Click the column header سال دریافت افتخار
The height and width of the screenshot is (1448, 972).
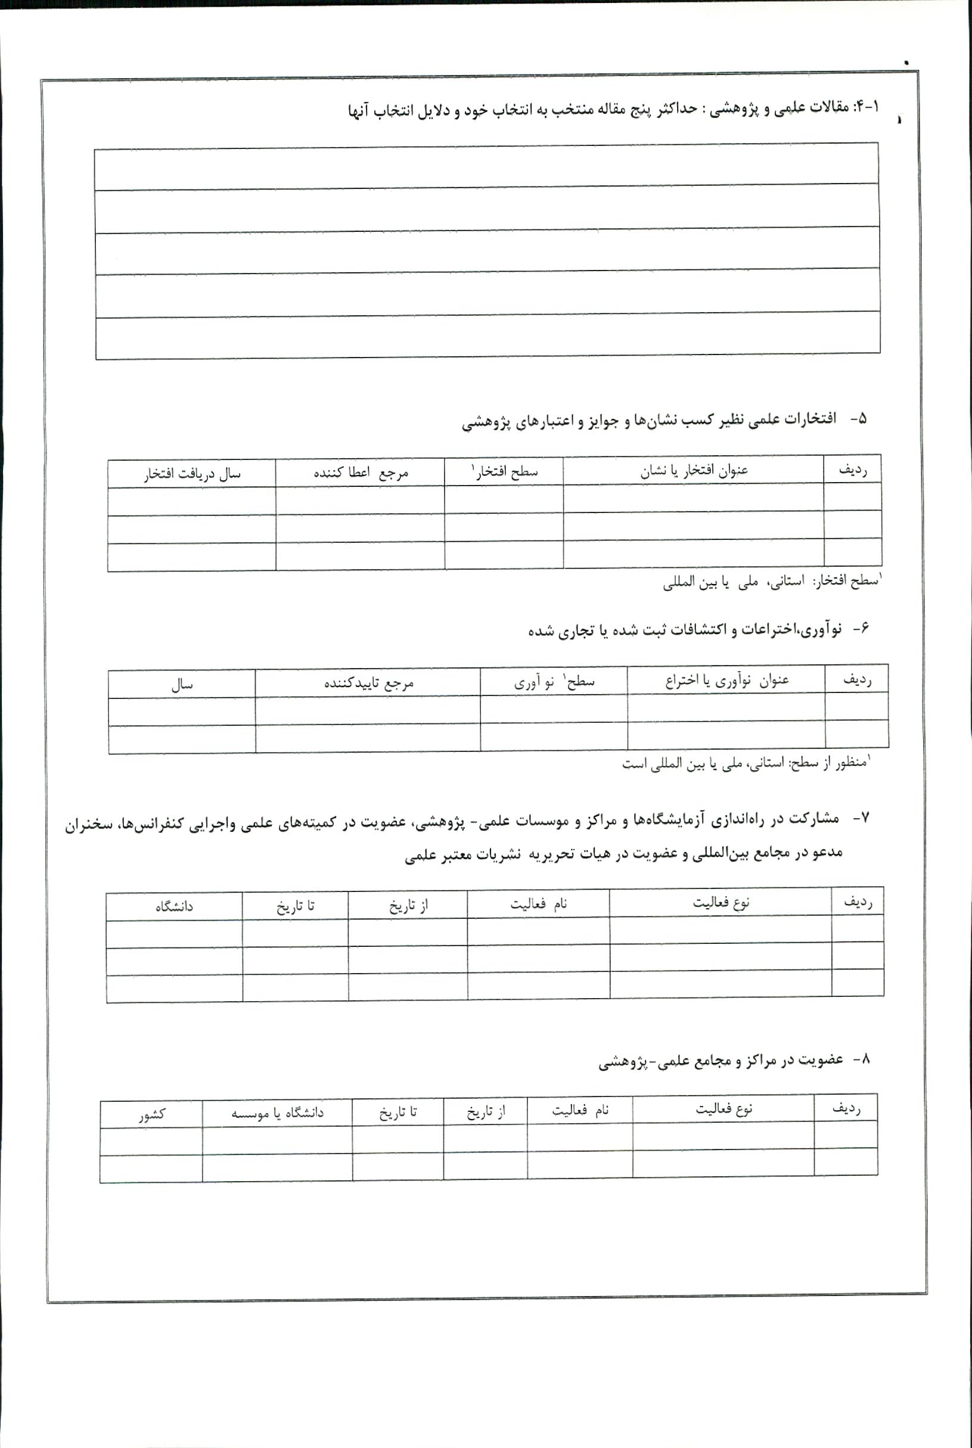tap(192, 474)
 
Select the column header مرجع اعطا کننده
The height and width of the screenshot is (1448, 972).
tap(361, 473)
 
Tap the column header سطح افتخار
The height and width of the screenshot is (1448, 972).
tap(505, 472)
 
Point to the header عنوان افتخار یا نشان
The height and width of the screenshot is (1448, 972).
tap(694, 471)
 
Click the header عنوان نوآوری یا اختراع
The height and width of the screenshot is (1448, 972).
tap(726, 680)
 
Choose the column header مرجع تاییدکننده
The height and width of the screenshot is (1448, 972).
tap(368, 682)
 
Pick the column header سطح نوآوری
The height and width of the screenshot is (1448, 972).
tap(554, 682)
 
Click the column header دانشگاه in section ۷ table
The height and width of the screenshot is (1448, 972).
tap(174, 906)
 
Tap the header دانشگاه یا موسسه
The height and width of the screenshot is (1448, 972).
tap(278, 1113)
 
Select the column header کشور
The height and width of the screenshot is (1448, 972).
tap(151, 1114)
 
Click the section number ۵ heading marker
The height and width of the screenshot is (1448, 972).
tap(859, 419)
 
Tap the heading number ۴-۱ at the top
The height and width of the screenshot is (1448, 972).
tap(867, 107)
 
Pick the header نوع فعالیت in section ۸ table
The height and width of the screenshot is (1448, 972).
tap(723, 1109)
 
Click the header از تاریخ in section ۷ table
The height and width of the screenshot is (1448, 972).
tap(408, 906)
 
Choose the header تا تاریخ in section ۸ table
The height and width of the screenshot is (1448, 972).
tap(398, 1112)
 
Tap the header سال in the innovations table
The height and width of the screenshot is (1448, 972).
tap(182, 684)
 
